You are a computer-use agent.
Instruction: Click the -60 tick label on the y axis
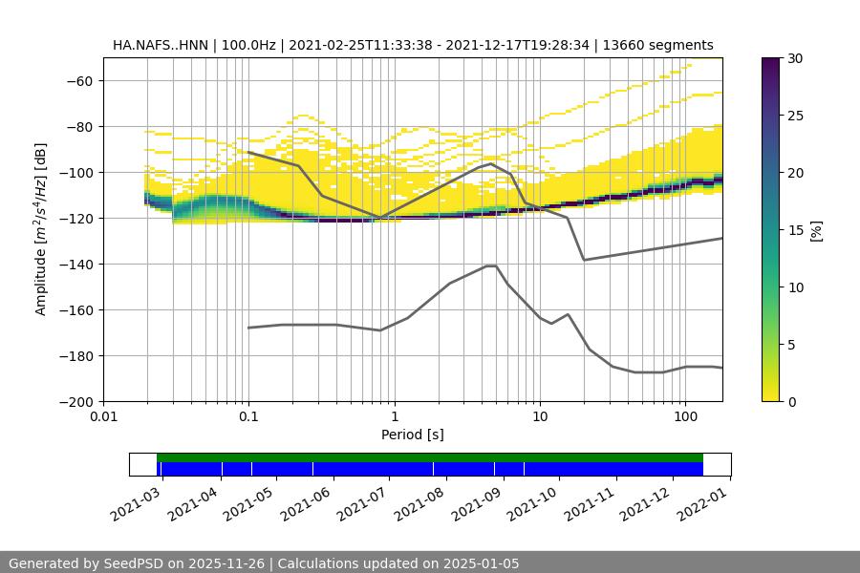coord(78,81)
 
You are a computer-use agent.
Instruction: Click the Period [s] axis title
coord(412,435)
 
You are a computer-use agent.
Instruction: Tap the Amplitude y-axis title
coord(41,229)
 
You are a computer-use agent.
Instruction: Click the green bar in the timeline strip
coord(430,457)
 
